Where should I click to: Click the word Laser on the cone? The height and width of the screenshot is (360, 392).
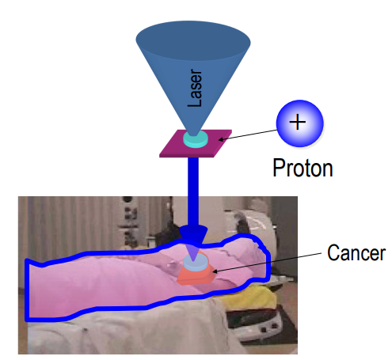pyautogui.click(x=195, y=88)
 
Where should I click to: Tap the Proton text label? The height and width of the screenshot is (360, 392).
pyautogui.click(x=303, y=168)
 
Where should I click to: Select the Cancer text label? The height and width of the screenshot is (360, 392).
pyautogui.click(x=356, y=252)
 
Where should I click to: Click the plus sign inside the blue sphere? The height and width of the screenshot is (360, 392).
pyautogui.click(x=298, y=122)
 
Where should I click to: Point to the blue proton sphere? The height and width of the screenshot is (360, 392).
pyautogui.click(x=299, y=123)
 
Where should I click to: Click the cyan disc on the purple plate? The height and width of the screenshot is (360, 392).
pyautogui.click(x=196, y=138)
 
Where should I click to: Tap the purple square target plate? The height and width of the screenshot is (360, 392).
pyautogui.click(x=196, y=143)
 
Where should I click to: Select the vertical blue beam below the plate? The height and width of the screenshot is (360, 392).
pyautogui.click(x=193, y=192)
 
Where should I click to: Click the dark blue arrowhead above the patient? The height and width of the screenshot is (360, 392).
pyautogui.click(x=193, y=234)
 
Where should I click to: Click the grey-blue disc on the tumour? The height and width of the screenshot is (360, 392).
pyautogui.click(x=196, y=263)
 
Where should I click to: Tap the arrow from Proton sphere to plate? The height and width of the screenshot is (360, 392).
pyautogui.click(x=248, y=135)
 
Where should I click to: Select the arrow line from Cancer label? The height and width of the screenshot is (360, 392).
pyautogui.click(x=267, y=263)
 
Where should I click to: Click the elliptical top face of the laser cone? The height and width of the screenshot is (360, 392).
pyautogui.click(x=193, y=40)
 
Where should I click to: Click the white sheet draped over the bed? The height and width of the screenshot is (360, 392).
pyautogui.click(x=132, y=332)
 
